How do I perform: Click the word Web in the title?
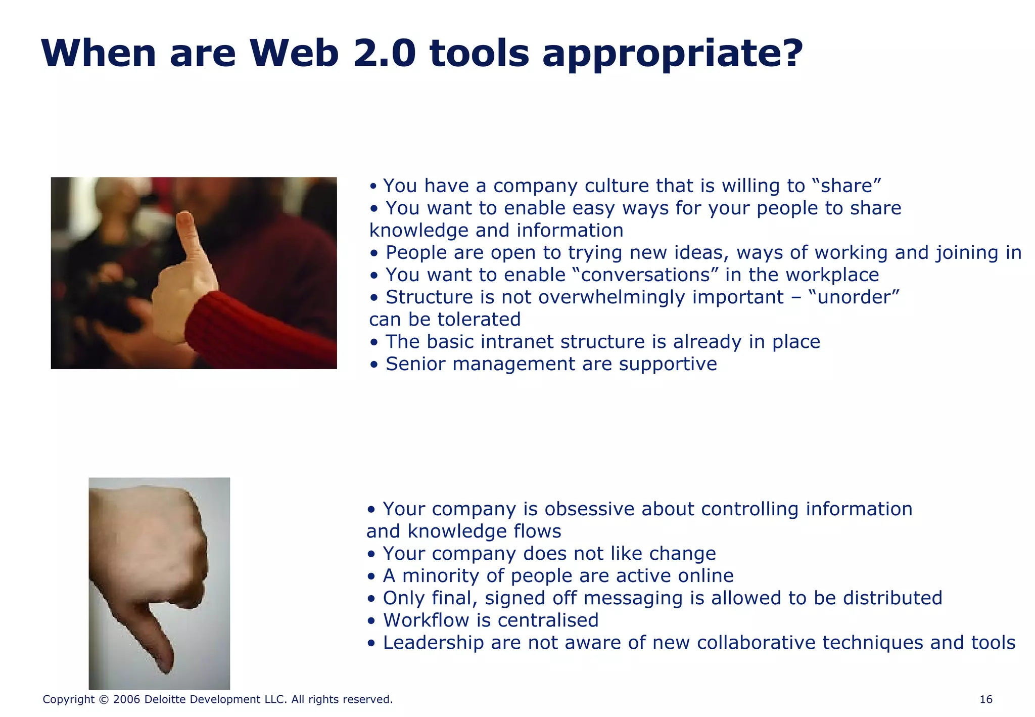pyautogui.click(x=294, y=54)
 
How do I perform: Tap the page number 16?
pyautogui.click(x=985, y=699)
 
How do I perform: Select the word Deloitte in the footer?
pyautogui.click(x=166, y=699)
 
